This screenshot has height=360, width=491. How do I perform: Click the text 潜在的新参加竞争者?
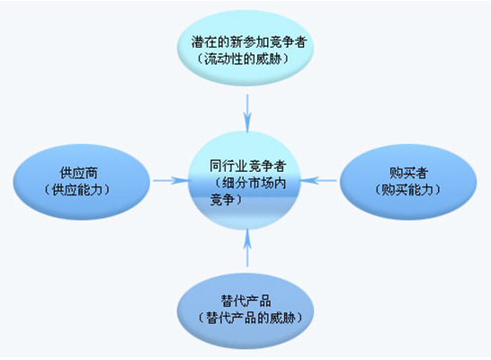(249, 41)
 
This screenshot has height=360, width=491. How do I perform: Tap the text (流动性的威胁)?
(243, 58)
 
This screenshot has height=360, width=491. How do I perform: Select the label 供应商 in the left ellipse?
(78, 173)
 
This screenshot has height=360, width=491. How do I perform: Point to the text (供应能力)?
(77, 190)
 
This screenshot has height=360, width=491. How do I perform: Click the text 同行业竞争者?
(248, 166)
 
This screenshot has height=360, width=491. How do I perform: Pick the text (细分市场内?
(250, 183)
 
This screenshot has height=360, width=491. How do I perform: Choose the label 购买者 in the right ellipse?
(408, 173)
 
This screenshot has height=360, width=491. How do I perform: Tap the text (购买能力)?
(407, 190)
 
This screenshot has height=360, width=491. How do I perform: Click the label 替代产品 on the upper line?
(246, 301)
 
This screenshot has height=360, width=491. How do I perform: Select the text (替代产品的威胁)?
(250, 318)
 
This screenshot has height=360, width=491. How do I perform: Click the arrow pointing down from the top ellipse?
(247, 113)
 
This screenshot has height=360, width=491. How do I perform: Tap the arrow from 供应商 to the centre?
(172, 181)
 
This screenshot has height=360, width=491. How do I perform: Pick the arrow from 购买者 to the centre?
(318, 181)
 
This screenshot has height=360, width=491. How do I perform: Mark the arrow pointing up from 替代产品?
(247, 247)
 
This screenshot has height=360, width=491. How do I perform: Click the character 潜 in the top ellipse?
(198, 42)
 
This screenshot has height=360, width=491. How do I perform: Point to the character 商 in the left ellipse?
(92, 173)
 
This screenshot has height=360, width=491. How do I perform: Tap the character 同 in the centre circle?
(216, 166)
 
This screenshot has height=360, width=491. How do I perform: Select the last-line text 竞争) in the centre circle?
(226, 200)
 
